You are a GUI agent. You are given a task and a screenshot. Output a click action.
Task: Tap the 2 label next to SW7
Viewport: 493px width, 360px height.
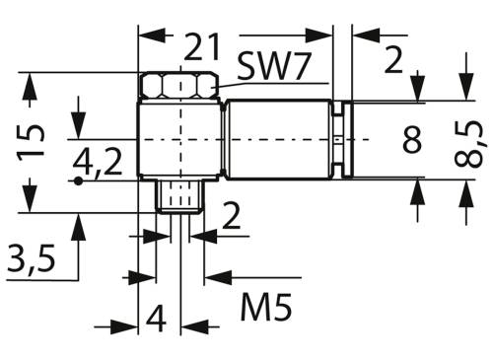(393, 62)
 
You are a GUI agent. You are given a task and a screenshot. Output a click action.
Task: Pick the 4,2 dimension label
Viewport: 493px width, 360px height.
(101, 163)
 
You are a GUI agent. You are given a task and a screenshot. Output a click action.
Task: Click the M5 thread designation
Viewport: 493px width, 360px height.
(266, 311)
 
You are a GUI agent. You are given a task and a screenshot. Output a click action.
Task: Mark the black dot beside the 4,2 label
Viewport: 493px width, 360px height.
(77, 180)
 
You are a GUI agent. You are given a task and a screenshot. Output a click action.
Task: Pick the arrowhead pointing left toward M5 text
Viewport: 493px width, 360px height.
(210, 278)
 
